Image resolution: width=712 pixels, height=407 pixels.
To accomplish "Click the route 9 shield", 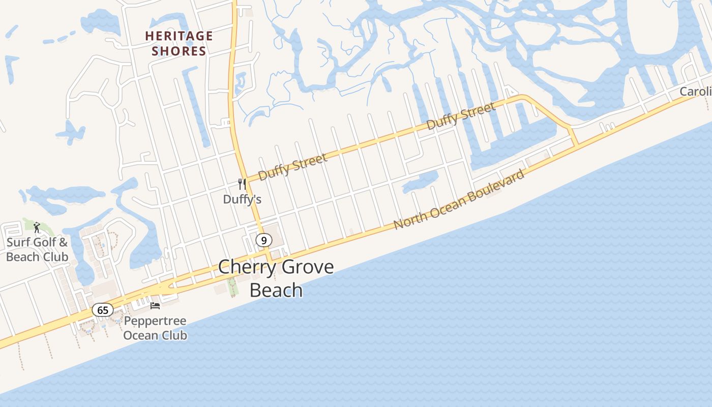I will coord(263,240).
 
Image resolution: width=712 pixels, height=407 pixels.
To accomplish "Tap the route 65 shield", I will coord(103,310).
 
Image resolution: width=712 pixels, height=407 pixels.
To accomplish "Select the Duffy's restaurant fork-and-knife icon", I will coord(242,184).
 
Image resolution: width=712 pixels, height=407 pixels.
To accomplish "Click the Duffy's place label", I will coord(242,199).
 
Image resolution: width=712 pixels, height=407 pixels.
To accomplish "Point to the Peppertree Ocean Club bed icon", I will coord(155,305).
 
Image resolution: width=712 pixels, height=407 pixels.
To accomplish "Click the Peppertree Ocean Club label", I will coord(155,328).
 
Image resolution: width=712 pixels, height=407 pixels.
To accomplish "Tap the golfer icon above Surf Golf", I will coord(37,227).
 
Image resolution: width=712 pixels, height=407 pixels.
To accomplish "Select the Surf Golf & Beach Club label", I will coord(37,250).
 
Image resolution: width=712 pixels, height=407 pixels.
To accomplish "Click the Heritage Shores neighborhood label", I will coord(179,43).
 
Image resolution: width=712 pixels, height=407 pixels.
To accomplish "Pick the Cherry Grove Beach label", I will coord(276,278).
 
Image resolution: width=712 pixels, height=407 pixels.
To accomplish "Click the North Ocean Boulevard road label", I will coord(459,200).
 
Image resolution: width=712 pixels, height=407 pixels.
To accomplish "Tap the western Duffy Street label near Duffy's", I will coord(292,167).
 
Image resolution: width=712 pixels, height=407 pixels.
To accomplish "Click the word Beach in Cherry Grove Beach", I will coord(276,290).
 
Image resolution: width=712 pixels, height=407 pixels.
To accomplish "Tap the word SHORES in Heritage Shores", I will coord(179,51).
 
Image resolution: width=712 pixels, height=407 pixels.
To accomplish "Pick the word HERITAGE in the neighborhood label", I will coord(179,36).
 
